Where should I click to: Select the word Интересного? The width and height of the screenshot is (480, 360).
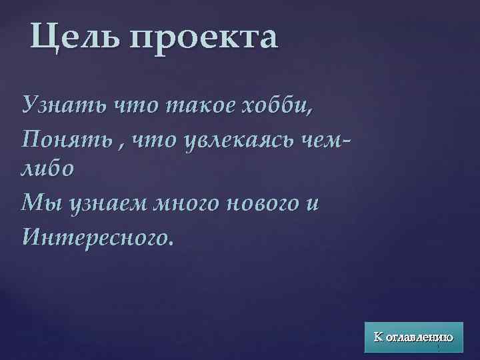(97, 235)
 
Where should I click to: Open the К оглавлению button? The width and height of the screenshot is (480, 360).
(413, 337)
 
